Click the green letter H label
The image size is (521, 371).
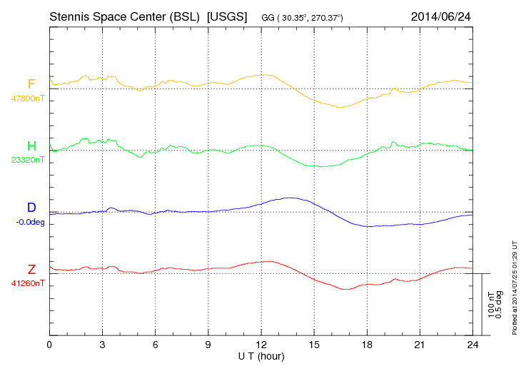click(31, 146)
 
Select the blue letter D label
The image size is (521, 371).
click(31, 208)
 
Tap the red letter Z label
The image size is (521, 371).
click(31, 269)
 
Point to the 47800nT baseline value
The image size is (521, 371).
click(28, 98)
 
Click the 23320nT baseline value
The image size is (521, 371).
click(28, 160)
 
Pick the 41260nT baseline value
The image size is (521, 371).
click(28, 283)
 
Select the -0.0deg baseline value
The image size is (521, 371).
click(29, 221)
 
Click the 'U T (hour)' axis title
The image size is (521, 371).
click(260, 355)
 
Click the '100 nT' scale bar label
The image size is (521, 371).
click(491, 304)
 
